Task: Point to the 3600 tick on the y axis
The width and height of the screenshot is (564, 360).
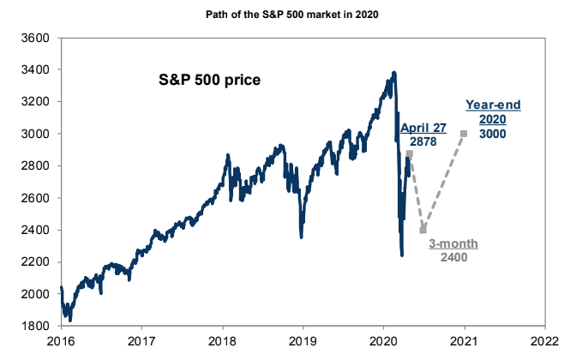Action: tap(36, 38)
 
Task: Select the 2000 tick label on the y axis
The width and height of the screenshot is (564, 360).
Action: tap(36, 294)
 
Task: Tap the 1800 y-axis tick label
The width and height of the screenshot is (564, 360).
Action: tap(36, 327)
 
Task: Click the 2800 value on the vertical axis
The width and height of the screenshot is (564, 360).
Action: tap(36, 166)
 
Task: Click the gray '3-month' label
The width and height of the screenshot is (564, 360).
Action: tap(453, 244)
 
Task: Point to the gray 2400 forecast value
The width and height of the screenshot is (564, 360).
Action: tap(453, 257)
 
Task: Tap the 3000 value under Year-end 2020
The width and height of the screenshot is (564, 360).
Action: tap(493, 135)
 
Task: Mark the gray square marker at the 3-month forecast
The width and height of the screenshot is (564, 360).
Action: tap(423, 230)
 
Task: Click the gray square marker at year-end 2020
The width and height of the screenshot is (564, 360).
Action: tap(464, 134)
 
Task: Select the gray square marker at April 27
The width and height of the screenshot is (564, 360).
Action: tap(410, 153)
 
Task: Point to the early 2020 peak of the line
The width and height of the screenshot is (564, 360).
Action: tap(393, 73)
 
